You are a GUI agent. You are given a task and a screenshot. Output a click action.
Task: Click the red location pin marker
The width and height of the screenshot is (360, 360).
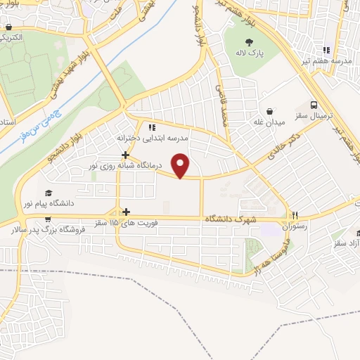tap(181, 166)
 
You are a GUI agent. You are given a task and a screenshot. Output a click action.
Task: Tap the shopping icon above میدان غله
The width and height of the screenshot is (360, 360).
tap(270, 110)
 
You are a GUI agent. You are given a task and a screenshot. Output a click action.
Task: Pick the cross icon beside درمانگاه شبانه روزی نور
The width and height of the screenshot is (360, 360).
tap(125, 155)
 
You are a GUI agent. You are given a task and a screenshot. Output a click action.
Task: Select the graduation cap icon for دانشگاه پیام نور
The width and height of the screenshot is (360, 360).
tap(48, 193)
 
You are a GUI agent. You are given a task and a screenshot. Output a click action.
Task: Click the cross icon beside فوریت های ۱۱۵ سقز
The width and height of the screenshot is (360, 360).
tap(126, 212)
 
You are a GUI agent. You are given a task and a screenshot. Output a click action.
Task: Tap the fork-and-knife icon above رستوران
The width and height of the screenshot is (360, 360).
tap(296, 216)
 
